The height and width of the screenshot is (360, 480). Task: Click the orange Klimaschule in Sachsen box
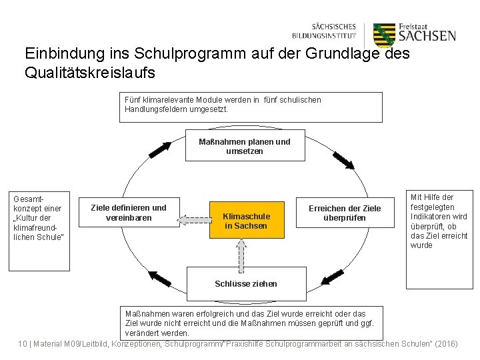(x=245, y=220)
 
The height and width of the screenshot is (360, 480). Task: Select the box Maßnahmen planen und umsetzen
(x=245, y=146)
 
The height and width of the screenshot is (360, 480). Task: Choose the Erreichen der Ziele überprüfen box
(x=344, y=213)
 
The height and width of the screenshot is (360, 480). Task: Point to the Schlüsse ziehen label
(x=245, y=283)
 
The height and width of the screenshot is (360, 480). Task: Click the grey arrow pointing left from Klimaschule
(x=194, y=218)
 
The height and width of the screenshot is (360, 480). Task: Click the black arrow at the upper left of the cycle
(x=159, y=149)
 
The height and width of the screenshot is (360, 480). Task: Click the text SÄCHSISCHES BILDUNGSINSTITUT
(x=324, y=31)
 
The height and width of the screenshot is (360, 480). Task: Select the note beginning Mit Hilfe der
(x=439, y=221)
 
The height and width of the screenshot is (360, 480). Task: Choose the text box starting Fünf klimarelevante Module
(x=251, y=107)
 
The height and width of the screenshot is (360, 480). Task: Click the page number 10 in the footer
(x=23, y=343)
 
